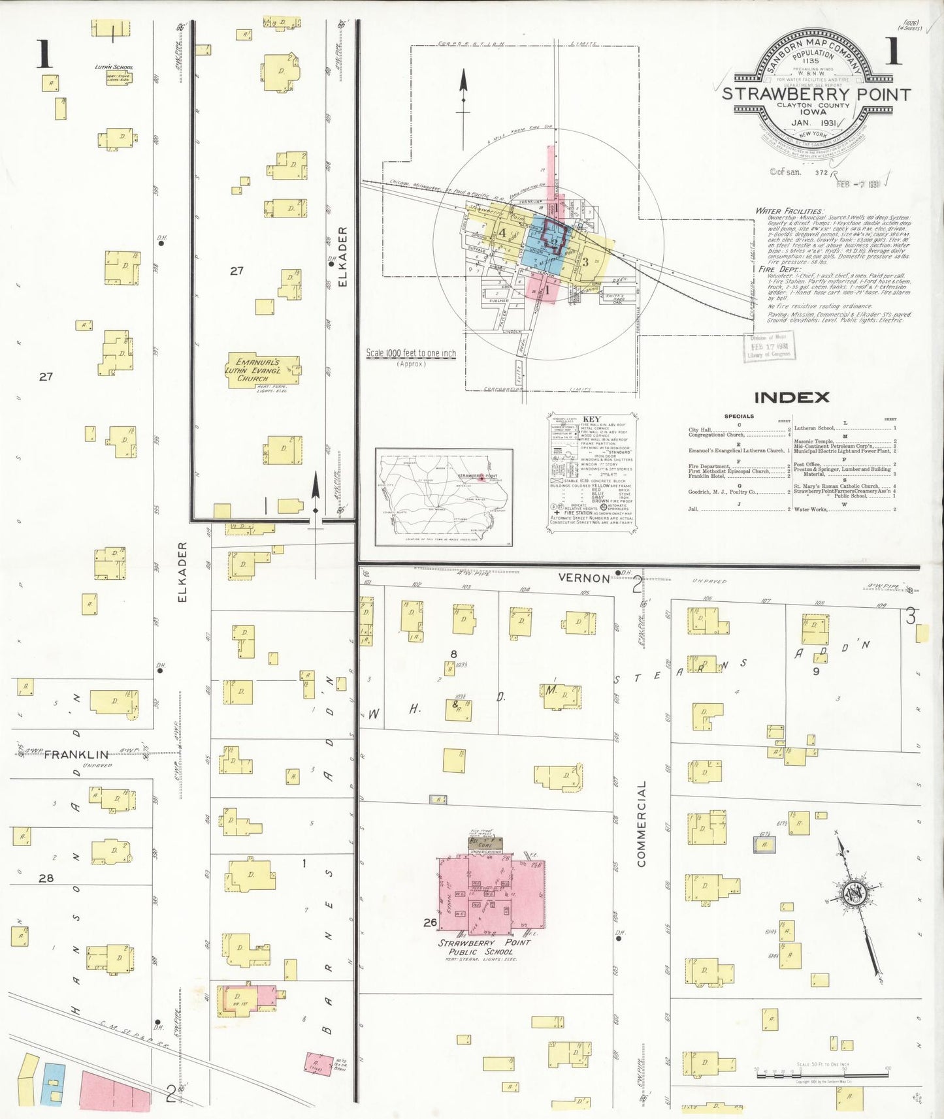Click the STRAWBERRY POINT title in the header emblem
coord(816,95)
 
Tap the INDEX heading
coord(792,397)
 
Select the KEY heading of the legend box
coord(591,419)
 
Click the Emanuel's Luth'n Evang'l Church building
coord(263,371)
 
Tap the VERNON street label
coord(584,578)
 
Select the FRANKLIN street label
coord(76,755)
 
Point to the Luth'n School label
coord(114,67)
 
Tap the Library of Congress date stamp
coord(770,347)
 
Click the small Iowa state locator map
coord(444,496)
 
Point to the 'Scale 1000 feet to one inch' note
coord(411,353)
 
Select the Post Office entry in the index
coord(807,465)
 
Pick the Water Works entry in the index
coord(811,509)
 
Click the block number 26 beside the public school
coord(430,922)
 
